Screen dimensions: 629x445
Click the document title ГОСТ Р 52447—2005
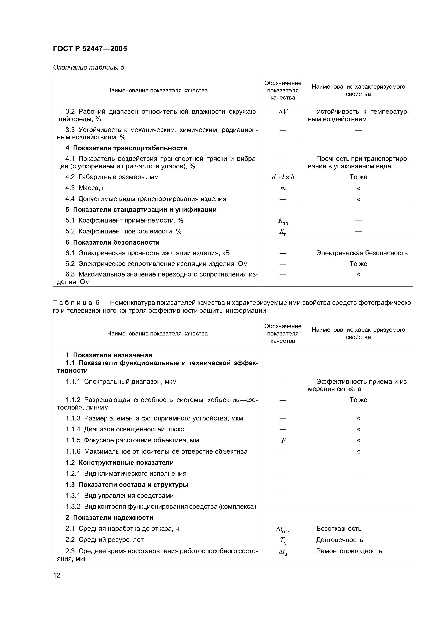pos(90,49)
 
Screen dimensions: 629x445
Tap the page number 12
pos(57,575)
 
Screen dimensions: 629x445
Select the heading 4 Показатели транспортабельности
pos(126,148)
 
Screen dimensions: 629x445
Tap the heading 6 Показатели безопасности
pos(112,242)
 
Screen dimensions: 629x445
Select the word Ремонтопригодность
pos(349,551)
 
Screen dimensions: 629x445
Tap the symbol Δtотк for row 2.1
pos(283,529)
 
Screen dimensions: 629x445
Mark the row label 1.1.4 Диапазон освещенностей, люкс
pos(125,429)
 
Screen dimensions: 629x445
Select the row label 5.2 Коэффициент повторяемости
pos(123,231)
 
